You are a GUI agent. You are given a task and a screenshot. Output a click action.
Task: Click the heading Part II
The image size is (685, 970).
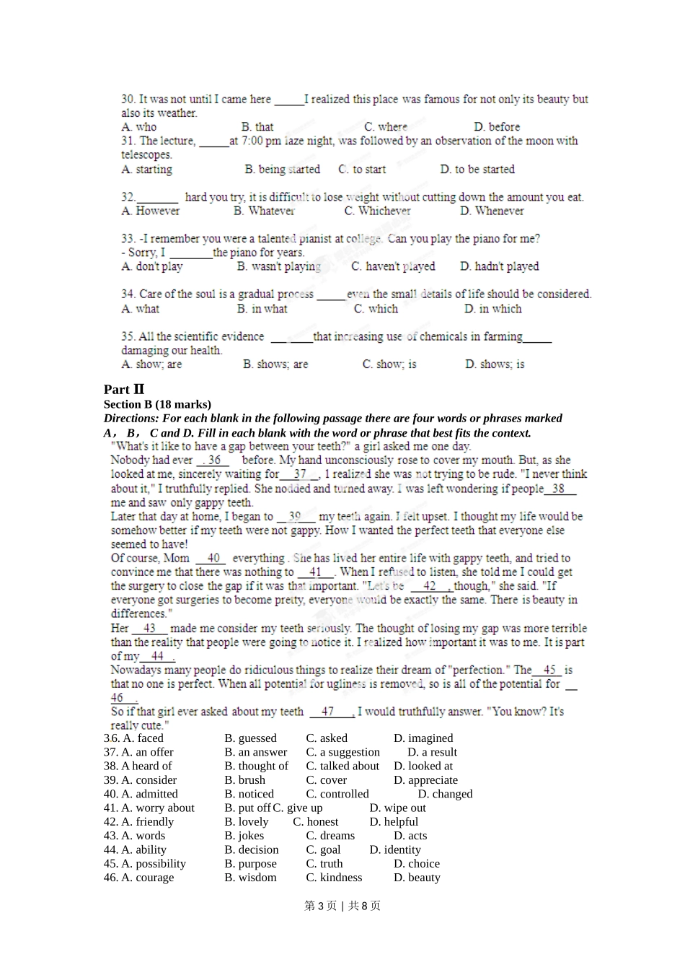tap(124, 389)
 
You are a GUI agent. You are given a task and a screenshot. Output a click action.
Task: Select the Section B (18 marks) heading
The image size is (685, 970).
tap(157, 404)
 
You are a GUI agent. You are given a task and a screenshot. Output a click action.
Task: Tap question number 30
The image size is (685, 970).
tap(128, 99)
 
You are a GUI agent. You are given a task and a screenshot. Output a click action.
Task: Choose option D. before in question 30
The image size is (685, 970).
tap(497, 127)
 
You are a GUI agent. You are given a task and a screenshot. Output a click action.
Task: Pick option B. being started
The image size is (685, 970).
tap(282, 170)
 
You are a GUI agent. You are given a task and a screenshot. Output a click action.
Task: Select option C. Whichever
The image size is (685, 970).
tap(377, 211)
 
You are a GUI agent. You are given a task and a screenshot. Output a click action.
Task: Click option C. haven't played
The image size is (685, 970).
tap(393, 266)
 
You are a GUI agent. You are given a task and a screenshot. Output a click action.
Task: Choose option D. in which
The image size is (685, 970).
tap(492, 309)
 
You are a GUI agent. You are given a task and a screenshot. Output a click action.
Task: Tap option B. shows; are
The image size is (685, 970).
tap(275, 364)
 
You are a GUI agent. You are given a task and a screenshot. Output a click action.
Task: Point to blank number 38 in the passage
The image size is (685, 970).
tap(559, 489)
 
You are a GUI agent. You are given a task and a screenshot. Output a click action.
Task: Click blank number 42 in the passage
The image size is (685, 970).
tap(430, 586)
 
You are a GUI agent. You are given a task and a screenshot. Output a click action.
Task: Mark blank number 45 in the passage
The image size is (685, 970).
tap(549, 670)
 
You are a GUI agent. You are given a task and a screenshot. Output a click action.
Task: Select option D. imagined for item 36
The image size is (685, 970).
tap(423, 738)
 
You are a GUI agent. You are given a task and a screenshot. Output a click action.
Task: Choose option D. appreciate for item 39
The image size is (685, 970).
tap(425, 780)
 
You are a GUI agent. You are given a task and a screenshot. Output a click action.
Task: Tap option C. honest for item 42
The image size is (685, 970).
tap(315, 822)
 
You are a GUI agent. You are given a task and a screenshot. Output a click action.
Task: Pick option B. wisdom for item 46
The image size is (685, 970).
tap(250, 878)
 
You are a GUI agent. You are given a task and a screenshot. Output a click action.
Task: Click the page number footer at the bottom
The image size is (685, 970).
tap(342, 906)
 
